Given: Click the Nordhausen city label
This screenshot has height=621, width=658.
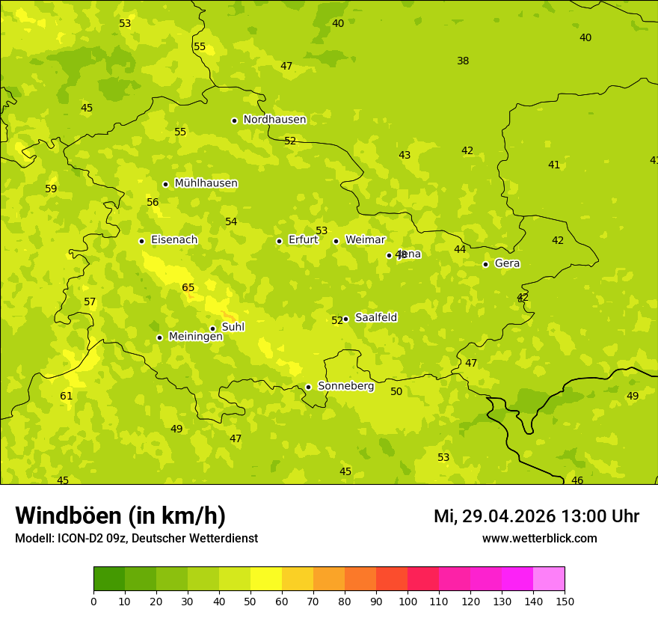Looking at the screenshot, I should [274, 120].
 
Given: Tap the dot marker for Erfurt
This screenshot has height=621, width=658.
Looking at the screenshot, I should [279, 241].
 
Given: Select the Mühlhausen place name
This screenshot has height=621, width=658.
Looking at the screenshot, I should [206, 183].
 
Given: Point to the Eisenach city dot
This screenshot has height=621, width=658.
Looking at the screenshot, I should [141, 241].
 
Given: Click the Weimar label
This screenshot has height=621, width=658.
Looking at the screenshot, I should [365, 240].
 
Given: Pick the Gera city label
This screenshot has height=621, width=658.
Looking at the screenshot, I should [507, 263].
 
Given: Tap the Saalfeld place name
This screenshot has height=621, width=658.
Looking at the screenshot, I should [376, 318].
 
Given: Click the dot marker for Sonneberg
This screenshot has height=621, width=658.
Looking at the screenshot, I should [308, 387].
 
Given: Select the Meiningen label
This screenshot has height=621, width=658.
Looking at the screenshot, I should [195, 337].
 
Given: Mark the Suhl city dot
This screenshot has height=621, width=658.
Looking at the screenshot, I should [212, 328].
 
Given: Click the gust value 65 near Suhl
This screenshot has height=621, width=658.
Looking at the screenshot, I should [188, 288].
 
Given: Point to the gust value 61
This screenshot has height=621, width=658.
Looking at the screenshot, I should [67, 396].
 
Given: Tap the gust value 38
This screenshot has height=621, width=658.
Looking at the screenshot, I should [463, 61].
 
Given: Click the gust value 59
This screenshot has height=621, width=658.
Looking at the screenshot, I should [51, 189].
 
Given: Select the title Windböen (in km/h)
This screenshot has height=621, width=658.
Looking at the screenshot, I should [120, 516].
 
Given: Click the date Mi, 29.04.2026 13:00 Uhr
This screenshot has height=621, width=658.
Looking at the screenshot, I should [536, 516].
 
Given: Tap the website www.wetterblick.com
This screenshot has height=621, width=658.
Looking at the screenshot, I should [539, 539].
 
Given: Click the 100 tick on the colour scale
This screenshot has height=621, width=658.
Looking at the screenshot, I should [408, 601].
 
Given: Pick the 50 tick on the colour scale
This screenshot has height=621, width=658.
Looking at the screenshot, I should [250, 601].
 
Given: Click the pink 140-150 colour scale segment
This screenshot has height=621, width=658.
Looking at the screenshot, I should [549, 579].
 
